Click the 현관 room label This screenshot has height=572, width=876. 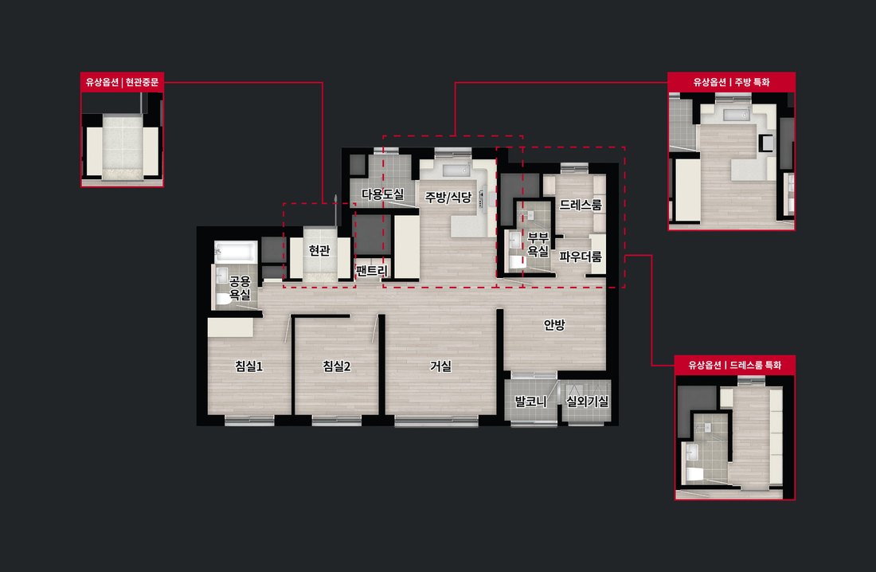pyautogui.click(x=319, y=250)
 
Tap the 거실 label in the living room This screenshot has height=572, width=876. pyautogui.click(x=440, y=366)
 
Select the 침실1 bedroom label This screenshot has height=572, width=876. pyautogui.click(x=248, y=366)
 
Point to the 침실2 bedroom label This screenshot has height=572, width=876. pyautogui.click(x=336, y=366)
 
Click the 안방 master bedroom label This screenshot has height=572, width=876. pyautogui.click(x=554, y=325)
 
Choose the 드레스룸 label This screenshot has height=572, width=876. pyautogui.click(x=581, y=206)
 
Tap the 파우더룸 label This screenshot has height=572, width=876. pyautogui.click(x=581, y=257)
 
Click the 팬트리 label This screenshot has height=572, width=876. pyautogui.click(x=372, y=271)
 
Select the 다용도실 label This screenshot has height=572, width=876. pyautogui.click(x=383, y=194)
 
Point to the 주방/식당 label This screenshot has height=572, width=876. pyautogui.click(x=448, y=198)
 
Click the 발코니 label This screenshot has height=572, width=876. pyautogui.click(x=530, y=401)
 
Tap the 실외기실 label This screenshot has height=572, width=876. pyautogui.click(x=587, y=401)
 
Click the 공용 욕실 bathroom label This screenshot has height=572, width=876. pyautogui.click(x=241, y=288)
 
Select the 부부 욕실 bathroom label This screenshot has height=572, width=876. pyautogui.click(x=538, y=245)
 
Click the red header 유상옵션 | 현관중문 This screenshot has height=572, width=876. pyautogui.click(x=122, y=82)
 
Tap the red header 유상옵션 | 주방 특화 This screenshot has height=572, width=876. pyautogui.click(x=731, y=82)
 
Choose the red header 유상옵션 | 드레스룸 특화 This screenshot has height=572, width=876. pyautogui.click(x=735, y=365)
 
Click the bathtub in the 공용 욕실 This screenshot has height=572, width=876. pyautogui.click(x=236, y=253)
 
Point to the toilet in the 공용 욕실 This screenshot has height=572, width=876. pyautogui.click(x=224, y=299)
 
